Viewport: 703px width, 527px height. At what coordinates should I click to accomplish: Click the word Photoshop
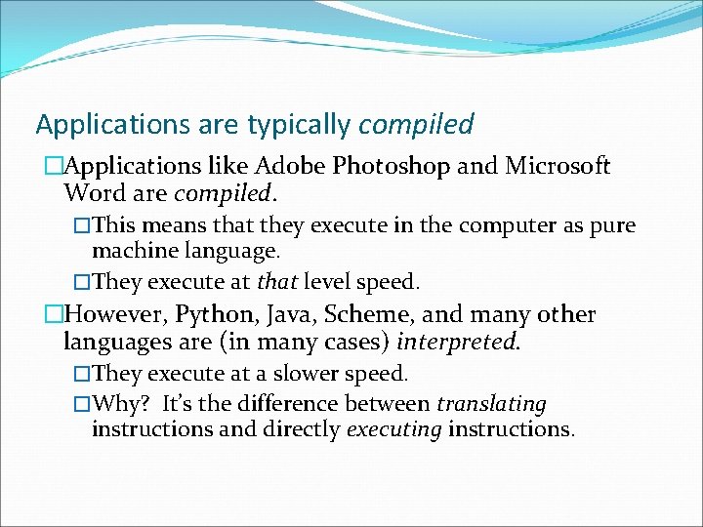391,166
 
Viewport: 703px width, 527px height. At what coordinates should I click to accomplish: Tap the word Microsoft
558,166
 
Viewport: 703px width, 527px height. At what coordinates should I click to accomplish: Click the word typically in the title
300,124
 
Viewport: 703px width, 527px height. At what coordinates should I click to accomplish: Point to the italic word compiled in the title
416,124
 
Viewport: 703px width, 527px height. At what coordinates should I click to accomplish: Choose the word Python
214,315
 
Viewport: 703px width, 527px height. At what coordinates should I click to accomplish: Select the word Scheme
366,315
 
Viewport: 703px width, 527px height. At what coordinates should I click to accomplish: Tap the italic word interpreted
465,343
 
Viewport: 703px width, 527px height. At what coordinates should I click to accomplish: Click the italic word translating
491,404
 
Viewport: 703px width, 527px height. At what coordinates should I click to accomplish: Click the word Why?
119,404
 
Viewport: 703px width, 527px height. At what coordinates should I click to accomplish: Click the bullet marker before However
53,315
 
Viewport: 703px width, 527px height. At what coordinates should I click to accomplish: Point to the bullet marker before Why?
83,404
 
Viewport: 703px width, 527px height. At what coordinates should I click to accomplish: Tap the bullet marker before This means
83,226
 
